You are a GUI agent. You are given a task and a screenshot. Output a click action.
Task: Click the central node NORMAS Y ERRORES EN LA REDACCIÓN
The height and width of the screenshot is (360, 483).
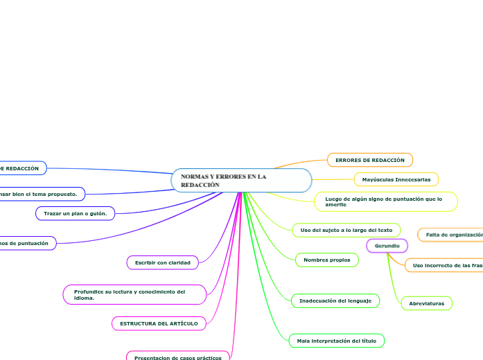(240, 180)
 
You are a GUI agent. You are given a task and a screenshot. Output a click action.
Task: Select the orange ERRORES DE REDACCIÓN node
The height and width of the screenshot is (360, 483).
(369, 160)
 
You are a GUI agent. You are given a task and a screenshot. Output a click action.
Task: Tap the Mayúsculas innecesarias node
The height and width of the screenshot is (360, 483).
(396, 179)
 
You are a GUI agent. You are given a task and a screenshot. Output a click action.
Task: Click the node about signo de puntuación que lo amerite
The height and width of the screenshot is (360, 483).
(386, 201)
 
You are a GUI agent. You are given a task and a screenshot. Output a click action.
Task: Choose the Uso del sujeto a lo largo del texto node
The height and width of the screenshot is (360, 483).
(346, 229)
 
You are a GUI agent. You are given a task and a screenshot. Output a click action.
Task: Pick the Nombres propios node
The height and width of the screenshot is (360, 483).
(327, 260)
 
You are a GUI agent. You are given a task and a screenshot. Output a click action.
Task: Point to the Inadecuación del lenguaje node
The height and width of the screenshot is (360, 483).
(335, 300)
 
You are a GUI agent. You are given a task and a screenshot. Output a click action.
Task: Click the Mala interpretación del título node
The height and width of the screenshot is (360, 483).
(336, 341)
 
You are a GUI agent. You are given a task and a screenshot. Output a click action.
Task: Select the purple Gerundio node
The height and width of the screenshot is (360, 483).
(387, 246)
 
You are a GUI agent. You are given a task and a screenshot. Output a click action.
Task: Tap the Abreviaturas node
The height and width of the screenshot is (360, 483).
(426, 303)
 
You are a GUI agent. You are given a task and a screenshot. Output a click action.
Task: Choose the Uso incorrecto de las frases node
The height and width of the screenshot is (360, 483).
(445, 265)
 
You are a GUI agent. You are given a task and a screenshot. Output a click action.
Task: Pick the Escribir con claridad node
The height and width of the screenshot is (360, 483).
(163, 262)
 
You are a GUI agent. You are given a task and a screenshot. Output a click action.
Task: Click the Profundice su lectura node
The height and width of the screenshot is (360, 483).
(134, 295)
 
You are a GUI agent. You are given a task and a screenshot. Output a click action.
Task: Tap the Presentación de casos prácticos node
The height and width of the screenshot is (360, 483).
(177, 357)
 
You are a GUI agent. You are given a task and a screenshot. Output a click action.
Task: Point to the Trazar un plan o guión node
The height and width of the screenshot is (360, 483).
(76, 213)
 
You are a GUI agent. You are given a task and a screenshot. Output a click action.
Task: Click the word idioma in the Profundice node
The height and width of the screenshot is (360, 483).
(84, 298)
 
